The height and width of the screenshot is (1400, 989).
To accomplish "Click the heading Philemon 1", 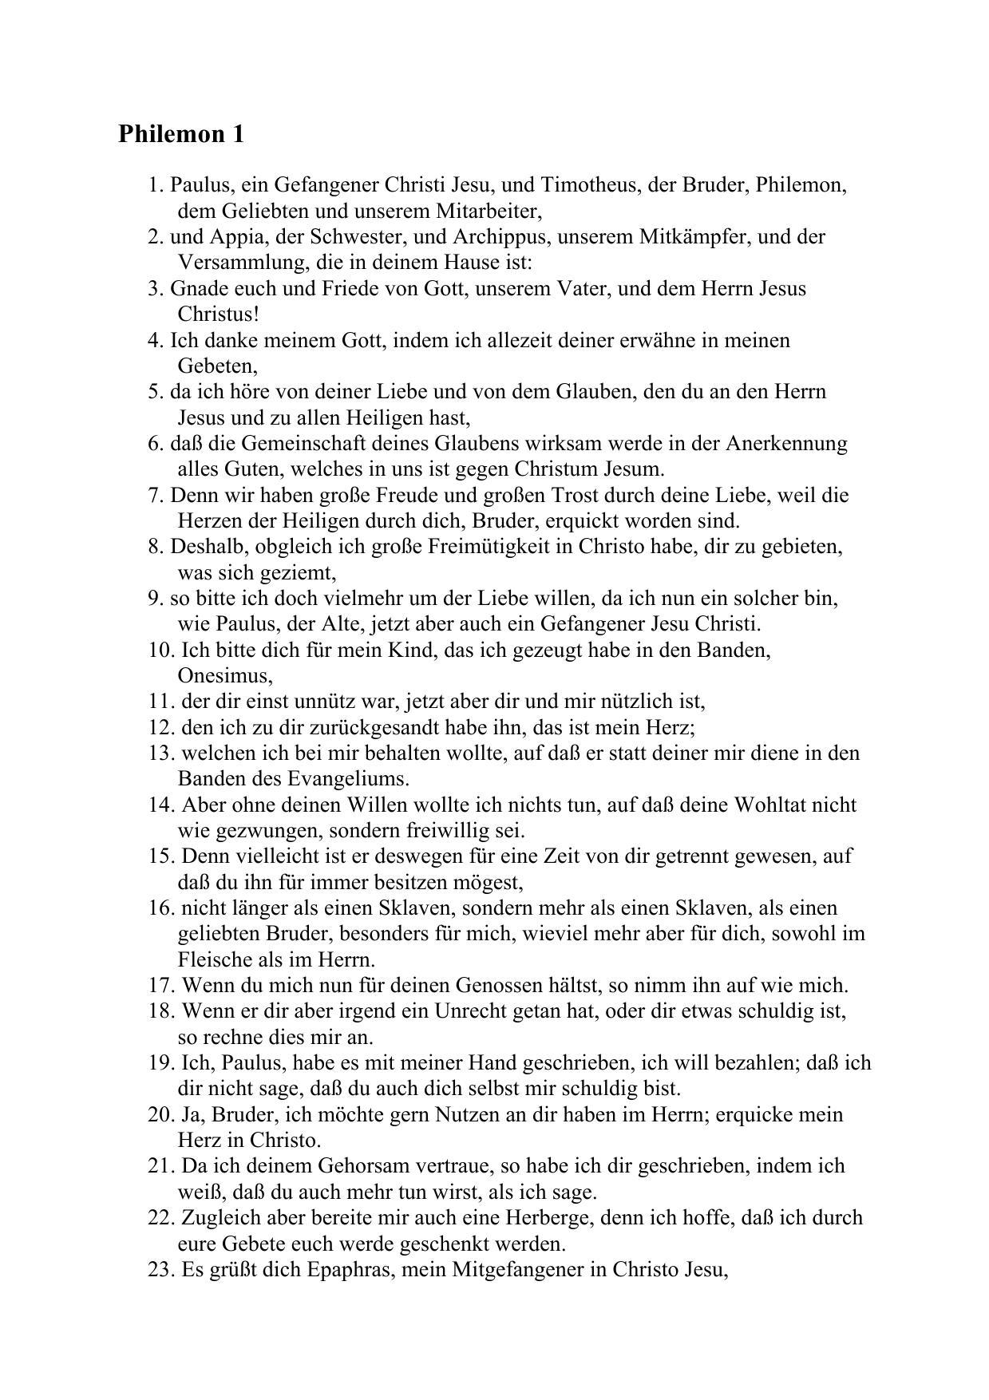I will point(181,134).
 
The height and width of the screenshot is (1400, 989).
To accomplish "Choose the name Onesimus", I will point(224,676).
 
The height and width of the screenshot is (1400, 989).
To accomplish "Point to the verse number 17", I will point(161,986).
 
